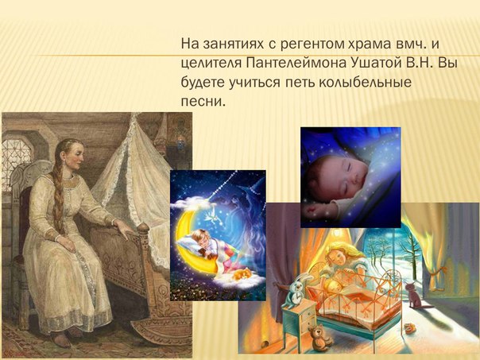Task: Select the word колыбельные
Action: tap(365, 83)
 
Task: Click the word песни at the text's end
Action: tap(201, 101)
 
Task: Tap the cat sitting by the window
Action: tap(415, 296)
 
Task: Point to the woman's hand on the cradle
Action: tap(125, 229)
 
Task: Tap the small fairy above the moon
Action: tap(211, 218)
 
